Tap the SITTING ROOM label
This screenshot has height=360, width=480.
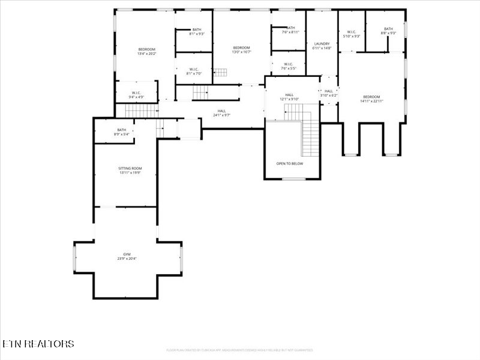click(130, 170)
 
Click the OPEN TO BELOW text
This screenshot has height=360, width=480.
click(289, 163)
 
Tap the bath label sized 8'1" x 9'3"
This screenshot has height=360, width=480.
click(197, 32)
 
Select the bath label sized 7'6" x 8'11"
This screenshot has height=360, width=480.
click(290, 30)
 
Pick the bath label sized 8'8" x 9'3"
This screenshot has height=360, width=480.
click(388, 31)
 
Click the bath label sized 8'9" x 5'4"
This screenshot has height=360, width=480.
click(122, 132)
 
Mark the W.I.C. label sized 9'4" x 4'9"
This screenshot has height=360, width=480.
click(136, 95)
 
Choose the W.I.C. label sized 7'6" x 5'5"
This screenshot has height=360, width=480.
click(288, 66)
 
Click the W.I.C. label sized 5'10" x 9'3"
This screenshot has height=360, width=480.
click(351, 34)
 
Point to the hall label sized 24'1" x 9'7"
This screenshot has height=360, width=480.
click(221, 112)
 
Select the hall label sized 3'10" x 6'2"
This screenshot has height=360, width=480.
click(329, 93)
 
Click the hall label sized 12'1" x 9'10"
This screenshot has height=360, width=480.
click(289, 97)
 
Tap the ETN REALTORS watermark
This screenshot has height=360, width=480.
click(38, 344)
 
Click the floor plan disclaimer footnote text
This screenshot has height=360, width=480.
click(239, 350)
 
